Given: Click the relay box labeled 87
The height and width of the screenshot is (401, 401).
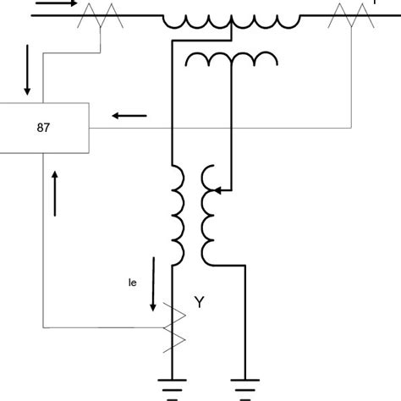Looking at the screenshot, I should pos(44,129).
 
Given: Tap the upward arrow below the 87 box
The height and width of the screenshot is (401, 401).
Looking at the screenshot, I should pos(57,192).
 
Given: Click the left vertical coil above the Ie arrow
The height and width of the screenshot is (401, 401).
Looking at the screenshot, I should pos(179,213).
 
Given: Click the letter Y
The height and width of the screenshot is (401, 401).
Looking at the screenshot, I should pos(200,300).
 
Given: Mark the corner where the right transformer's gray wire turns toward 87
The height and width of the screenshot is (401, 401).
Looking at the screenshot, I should pos(350,129).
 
